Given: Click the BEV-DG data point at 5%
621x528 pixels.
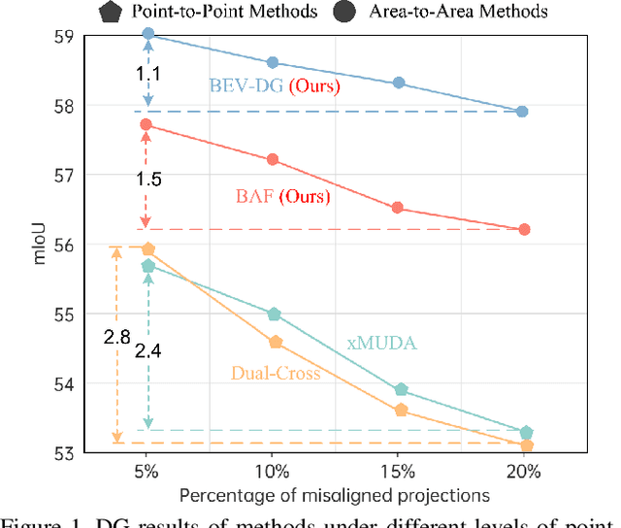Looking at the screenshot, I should pos(148,34).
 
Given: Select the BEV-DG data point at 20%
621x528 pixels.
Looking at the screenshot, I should pos(523,112).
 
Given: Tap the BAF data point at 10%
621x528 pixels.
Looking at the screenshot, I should pos(273,159).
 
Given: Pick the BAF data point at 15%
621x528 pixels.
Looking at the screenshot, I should pos(398,208).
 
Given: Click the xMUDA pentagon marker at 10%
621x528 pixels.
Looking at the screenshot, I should pos(274,313).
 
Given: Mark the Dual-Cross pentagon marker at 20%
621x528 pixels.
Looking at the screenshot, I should pos(527,445).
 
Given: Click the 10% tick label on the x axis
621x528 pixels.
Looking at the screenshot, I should pos(273,473).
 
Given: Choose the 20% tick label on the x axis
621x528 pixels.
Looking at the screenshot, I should pos(523,473).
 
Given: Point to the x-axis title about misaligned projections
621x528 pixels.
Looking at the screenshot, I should pos(334,495).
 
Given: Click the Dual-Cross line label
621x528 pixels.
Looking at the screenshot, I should pos(275,373).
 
